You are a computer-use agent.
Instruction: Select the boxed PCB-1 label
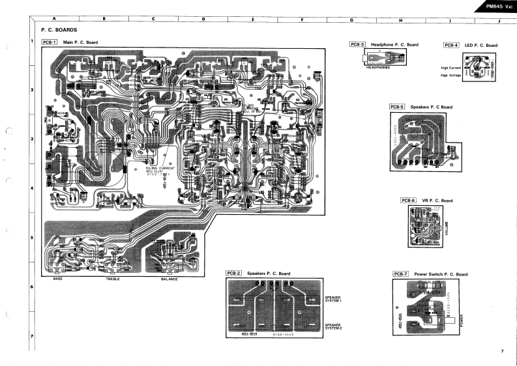coord(50,42)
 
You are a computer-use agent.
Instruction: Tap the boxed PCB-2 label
coord(234,273)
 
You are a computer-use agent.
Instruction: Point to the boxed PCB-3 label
coord(357,44)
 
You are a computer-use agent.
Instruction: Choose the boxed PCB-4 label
coord(451,45)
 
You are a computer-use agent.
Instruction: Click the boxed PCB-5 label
coord(397,106)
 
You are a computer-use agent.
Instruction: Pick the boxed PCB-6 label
coord(408,200)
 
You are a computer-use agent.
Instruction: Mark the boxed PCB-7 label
coord(401,274)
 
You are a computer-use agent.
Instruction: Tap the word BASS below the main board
coord(57,279)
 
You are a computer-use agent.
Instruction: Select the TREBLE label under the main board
coord(113,279)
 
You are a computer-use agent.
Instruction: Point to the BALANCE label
coord(169,279)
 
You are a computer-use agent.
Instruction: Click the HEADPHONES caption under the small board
coord(379,67)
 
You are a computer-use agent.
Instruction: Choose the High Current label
coord(451,68)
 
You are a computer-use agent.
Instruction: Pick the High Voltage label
coord(451,75)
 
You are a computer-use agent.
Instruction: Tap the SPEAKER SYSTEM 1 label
coord(333,299)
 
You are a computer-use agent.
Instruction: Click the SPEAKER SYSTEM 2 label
coord(333,326)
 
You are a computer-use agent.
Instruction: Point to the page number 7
coord(502,352)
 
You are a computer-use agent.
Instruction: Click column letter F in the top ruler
coord(302,20)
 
